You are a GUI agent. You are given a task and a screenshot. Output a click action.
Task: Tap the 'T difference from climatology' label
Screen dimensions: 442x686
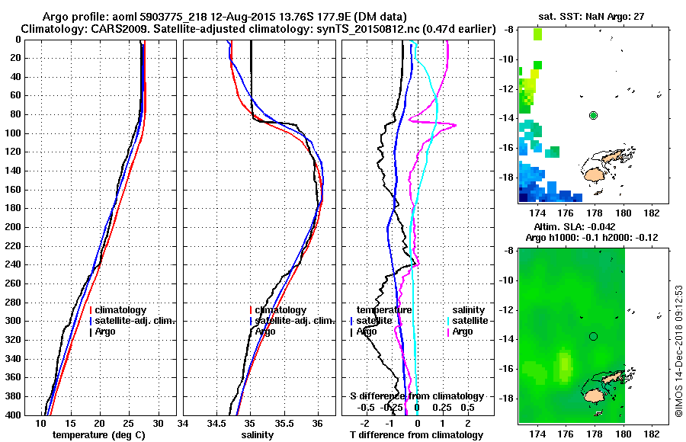pos(416,435)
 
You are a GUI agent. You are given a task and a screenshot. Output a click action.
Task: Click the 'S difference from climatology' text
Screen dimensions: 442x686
pos(416,396)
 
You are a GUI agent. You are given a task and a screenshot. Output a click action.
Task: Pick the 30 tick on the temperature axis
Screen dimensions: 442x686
pos(159,423)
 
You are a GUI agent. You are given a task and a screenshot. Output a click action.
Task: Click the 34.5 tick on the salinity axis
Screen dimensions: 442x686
pos(217,423)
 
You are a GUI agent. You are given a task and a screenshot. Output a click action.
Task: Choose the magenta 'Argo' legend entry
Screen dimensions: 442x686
pos(463,331)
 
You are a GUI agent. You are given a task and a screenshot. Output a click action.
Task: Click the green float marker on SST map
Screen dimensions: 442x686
pos(594,115)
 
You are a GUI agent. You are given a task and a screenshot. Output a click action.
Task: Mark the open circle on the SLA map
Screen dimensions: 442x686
pos(594,336)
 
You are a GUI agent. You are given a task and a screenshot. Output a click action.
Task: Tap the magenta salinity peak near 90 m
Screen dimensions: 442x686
pos(455,125)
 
